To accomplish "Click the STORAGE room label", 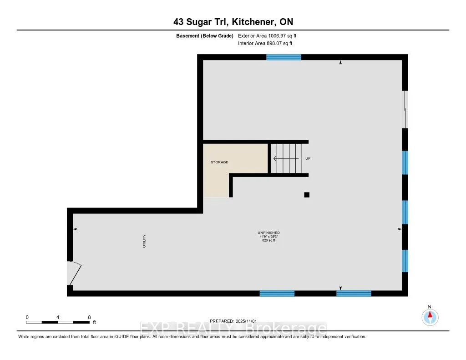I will (219, 162).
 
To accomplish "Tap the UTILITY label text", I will (144, 241).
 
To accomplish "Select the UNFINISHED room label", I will (268, 233).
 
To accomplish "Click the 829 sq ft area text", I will (268, 240).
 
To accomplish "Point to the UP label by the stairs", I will (308, 158).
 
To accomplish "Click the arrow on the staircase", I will (287, 158).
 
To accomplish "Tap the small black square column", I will (307, 195).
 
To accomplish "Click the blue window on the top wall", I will (284, 57).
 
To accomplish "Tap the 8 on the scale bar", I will (89, 317).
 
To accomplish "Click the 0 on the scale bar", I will (27, 317).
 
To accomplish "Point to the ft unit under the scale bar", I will (95, 322).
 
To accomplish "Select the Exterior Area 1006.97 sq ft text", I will (268, 35).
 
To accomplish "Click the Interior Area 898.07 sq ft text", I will (265, 43).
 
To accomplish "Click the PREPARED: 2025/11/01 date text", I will (233, 321).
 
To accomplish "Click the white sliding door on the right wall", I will (405, 110).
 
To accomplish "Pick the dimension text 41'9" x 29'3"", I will (268, 237).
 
